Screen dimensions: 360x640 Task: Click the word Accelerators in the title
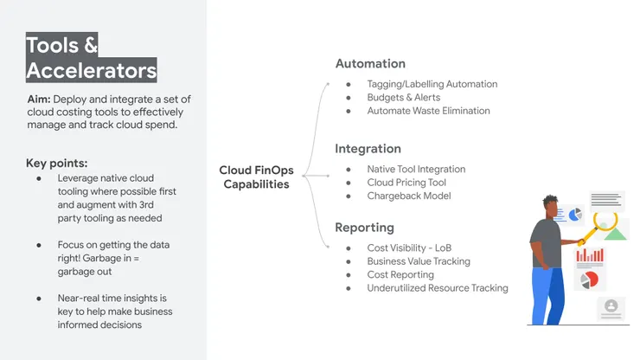click(92, 70)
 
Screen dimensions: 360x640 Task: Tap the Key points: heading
click(57, 164)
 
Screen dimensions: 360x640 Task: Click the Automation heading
click(370, 63)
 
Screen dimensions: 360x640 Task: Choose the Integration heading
click(368, 149)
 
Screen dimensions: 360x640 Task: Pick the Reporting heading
click(364, 228)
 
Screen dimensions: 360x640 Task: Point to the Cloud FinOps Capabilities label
click(254, 177)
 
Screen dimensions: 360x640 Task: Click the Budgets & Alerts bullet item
click(403, 98)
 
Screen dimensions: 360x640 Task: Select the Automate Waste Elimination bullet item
click(428, 111)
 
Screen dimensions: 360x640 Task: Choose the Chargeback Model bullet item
click(408, 196)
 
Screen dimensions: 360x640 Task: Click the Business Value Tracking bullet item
click(419, 261)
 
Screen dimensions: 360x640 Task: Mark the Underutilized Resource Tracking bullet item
click(438, 288)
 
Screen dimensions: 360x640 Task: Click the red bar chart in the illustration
click(590, 254)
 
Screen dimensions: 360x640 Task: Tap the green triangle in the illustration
click(615, 233)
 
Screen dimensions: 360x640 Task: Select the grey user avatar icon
click(611, 306)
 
